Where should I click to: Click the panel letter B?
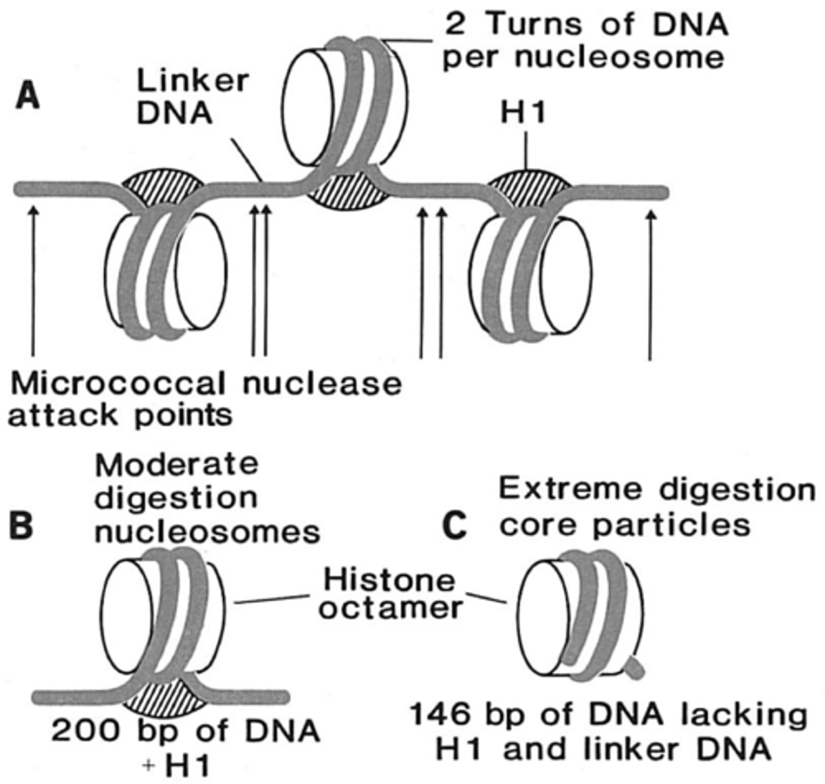[x=21, y=525]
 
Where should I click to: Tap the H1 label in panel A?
[x=523, y=113]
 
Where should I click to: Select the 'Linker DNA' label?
[x=192, y=97]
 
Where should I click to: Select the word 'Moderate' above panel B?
[x=176, y=465]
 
